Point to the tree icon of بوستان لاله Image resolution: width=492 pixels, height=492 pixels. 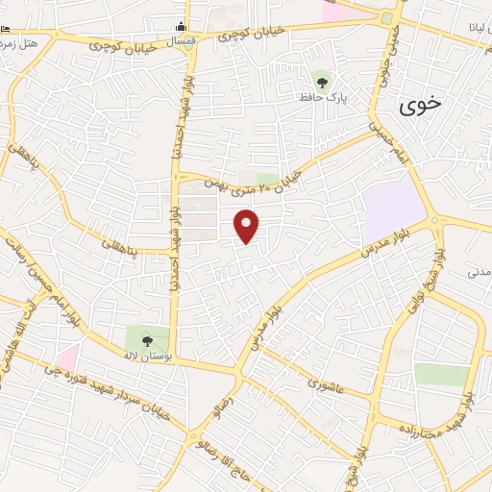(147, 339)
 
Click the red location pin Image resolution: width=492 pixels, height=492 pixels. (248, 227)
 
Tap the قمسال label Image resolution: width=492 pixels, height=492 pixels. (183, 43)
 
